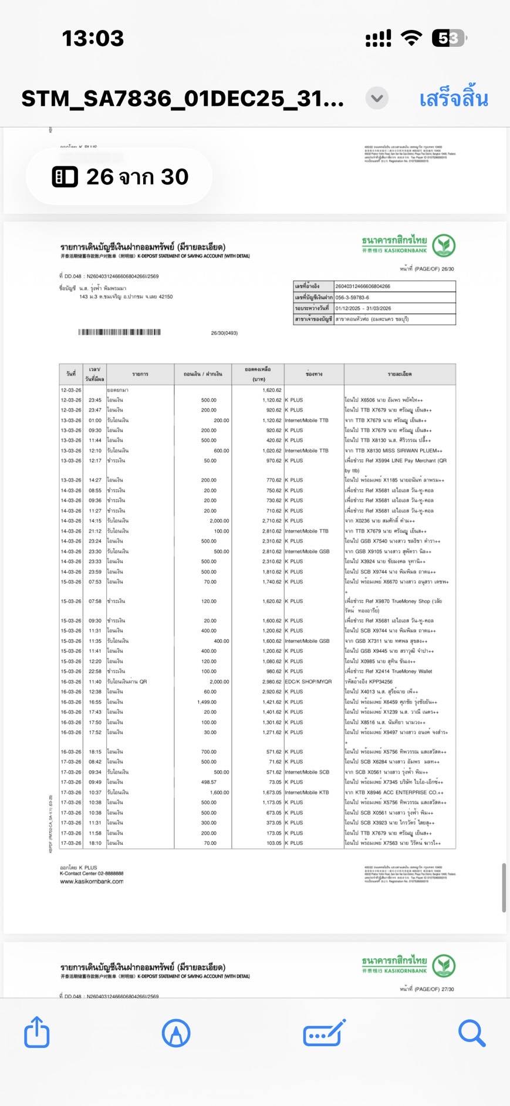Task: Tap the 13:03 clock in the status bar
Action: (x=93, y=39)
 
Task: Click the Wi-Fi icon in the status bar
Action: (x=411, y=39)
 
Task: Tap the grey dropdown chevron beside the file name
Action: (x=377, y=98)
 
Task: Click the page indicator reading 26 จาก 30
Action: (x=120, y=177)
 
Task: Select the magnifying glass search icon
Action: (x=471, y=1033)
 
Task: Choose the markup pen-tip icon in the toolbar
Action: (x=176, y=1033)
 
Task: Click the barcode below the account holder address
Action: (x=120, y=332)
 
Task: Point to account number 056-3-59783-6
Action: (x=352, y=298)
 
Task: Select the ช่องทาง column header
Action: (x=314, y=374)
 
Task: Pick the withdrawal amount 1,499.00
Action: (x=207, y=702)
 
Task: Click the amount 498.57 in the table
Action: (x=208, y=782)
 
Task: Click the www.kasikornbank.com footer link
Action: (x=92, y=881)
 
